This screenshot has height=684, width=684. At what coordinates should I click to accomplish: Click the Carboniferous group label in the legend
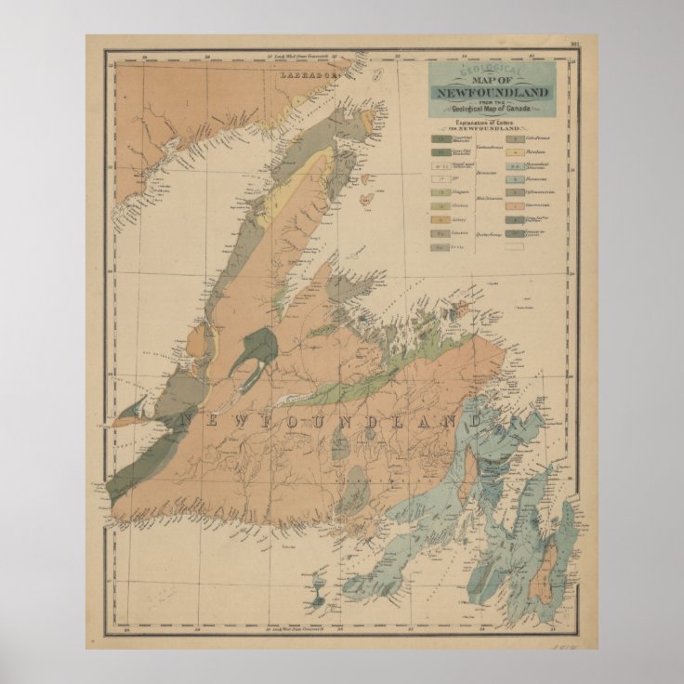coord(490,146)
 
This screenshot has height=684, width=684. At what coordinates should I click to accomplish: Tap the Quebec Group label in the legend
coord(490,234)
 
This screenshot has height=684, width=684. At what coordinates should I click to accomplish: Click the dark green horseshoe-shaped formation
coord(255,350)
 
